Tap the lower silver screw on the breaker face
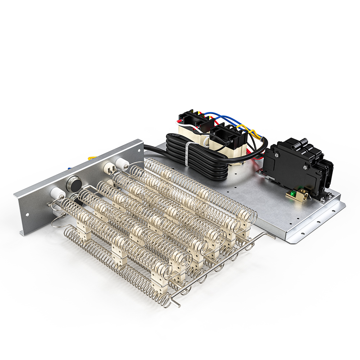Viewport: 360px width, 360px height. tap(306, 167)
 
